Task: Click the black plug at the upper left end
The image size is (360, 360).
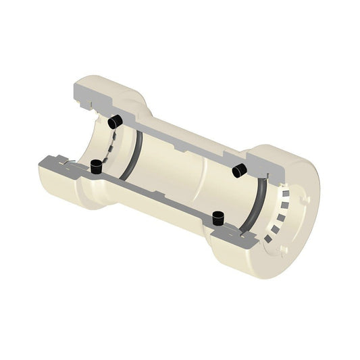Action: coord(115,122)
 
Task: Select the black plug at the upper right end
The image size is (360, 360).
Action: coord(238,171)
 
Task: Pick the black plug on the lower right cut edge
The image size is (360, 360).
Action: coord(217,218)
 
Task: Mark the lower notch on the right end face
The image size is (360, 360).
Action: coord(284,250)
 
